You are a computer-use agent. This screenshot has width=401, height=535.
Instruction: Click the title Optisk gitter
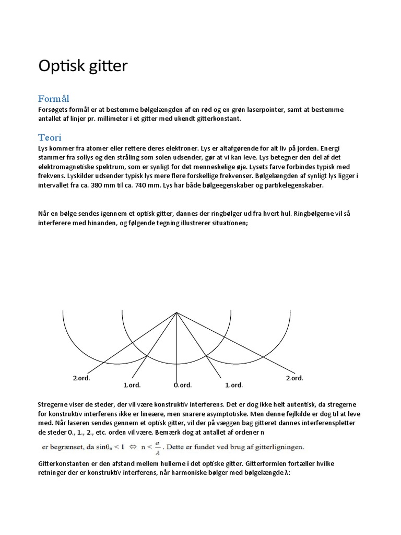82,67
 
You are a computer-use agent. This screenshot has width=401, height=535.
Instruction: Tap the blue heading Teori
50,137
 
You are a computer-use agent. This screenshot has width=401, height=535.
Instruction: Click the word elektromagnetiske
68,167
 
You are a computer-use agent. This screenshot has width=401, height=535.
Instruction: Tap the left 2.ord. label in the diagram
81,378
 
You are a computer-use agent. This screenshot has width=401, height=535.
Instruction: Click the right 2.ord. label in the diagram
294,378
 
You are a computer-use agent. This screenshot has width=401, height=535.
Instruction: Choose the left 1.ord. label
132,385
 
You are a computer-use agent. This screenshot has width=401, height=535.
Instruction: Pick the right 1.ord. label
234,385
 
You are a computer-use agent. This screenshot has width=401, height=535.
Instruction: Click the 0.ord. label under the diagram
183,385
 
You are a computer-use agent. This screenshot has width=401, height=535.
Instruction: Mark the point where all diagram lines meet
177,313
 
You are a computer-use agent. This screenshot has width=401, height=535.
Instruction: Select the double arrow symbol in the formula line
141,447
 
